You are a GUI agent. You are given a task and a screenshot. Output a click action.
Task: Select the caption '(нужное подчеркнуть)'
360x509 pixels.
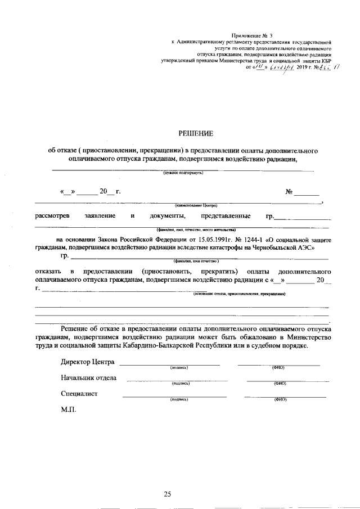click(183, 173)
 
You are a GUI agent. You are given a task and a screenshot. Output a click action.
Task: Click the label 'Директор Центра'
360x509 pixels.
click(88, 362)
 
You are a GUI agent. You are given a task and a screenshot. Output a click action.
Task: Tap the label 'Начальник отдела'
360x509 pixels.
click(88, 377)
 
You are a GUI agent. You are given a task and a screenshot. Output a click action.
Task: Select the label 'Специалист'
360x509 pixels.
click(79, 394)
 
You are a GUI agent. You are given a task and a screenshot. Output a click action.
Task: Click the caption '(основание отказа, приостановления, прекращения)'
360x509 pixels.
click(238, 294)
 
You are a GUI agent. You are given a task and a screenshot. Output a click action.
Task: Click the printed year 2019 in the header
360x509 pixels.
click(295, 67)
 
